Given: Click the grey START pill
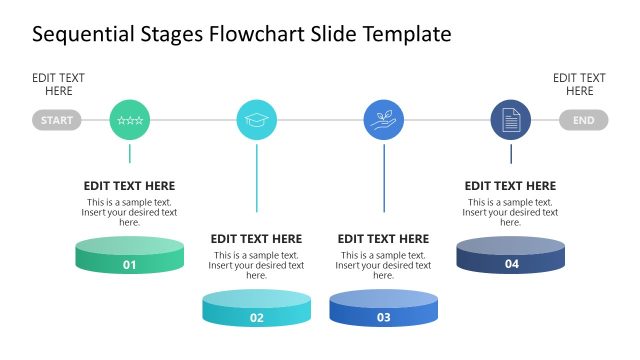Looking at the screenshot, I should pos(57,121).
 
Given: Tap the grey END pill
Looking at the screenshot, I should pos(584,121).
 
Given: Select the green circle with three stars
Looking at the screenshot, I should pos(129,121).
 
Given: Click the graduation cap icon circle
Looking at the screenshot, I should pos(256,121).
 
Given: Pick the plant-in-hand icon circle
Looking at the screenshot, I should pos(383,121).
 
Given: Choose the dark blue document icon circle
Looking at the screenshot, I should pos(510,121).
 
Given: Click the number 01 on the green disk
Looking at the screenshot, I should pos(129,265).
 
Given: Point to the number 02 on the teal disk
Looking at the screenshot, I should pos(256,318).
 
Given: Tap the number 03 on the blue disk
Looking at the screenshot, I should pos(383,318).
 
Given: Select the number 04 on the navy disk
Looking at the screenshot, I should pos(511,265).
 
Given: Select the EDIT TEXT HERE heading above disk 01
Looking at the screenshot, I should pos(129,186).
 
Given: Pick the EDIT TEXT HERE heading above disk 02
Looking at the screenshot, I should pos(256,239).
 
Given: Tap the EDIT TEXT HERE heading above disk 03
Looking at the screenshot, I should pos(383,239).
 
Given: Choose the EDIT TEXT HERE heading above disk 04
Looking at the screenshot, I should pos(510,186).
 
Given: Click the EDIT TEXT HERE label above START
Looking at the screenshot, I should pos(58,85).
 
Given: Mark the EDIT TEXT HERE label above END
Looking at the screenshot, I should pos(579,85).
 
